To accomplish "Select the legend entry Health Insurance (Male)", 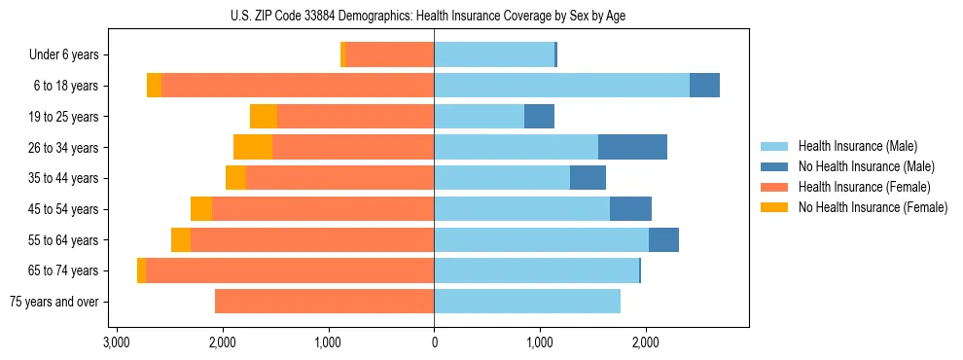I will (x=856, y=146).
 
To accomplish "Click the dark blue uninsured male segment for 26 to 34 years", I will (x=632, y=147).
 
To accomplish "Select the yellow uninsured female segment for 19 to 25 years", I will (x=264, y=117).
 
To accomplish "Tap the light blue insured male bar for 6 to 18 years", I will (x=561, y=86).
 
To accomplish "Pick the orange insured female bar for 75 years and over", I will (x=324, y=302).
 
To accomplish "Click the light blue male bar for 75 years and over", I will (x=527, y=302).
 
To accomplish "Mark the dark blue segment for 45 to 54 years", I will (x=630, y=209).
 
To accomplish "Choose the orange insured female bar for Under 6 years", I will (x=389, y=55).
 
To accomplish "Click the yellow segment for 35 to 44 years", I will (x=235, y=178).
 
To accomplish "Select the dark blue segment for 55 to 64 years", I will (x=663, y=240).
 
